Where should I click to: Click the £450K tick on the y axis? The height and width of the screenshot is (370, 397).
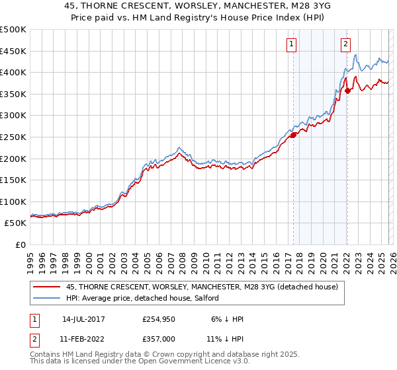pos(13,51)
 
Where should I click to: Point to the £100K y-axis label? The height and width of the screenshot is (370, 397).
pos(13,202)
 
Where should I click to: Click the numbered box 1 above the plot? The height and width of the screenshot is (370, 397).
pos(292,44)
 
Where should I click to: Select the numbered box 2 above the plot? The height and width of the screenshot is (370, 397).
pos(345,44)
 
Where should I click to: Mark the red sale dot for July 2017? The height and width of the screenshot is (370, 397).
pos(293,135)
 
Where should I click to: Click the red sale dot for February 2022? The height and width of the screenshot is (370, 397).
pos(347,91)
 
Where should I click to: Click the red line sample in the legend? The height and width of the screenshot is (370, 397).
pos(47,287)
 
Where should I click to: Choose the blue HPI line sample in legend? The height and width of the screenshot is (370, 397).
pos(47,298)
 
